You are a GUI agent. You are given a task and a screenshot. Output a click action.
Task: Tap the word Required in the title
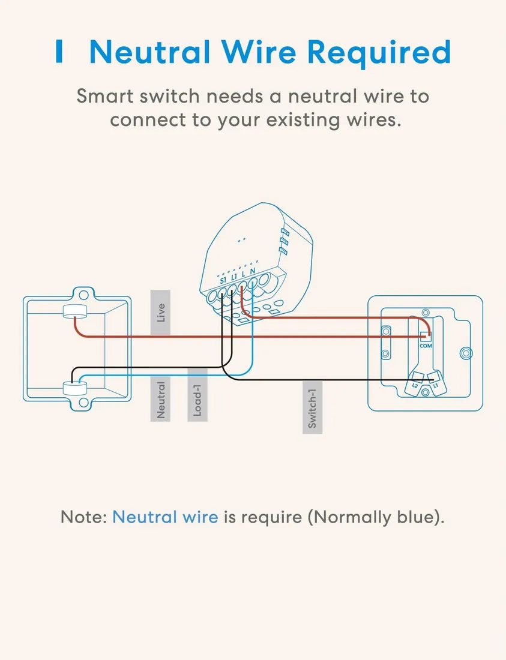click(x=381, y=52)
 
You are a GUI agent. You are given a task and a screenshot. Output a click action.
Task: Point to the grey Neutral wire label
click(x=160, y=400)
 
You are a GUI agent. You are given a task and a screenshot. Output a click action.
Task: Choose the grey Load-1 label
click(x=197, y=400)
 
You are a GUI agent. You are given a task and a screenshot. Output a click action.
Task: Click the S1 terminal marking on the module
click(x=223, y=280)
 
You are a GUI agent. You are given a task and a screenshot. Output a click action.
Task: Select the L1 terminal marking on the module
click(x=234, y=277)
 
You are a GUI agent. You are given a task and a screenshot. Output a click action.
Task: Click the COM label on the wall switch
click(x=426, y=346)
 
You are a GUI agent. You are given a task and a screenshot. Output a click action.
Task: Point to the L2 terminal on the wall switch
click(x=415, y=385)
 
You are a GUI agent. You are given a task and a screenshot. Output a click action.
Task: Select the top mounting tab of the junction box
click(x=81, y=293)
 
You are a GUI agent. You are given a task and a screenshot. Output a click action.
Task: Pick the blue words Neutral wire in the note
click(x=165, y=517)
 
